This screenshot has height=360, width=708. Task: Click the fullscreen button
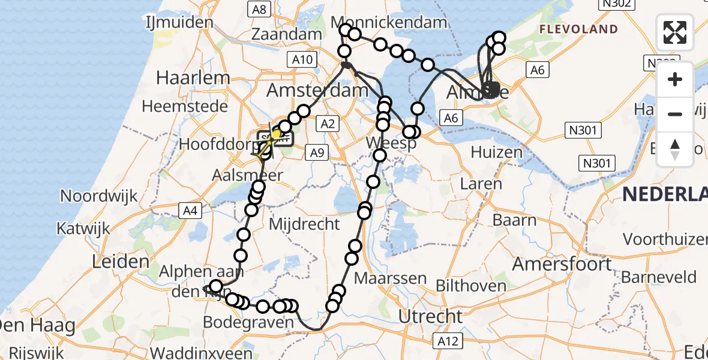pyautogui.click(x=675, y=32)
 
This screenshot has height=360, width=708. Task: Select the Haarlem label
pyautogui.click(x=193, y=77)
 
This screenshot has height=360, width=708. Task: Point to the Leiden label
pyautogui.click(x=121, y=261)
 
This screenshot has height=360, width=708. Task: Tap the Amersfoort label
pyautogui.click(x=562, y=263)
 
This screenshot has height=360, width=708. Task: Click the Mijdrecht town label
pyautogui.click(x=305, y=224)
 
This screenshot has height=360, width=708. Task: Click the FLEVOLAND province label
pyautogui.click(x=578, y=29)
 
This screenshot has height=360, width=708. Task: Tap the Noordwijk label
pyautogui.click(x=99, y=196)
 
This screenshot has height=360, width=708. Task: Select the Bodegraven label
pyautogui.click(x=248, y=322)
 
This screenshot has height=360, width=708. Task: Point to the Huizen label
pyautogui.click(x=497, y=152)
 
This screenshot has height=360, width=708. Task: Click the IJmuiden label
pyautogui.click(x=179, y=23)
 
